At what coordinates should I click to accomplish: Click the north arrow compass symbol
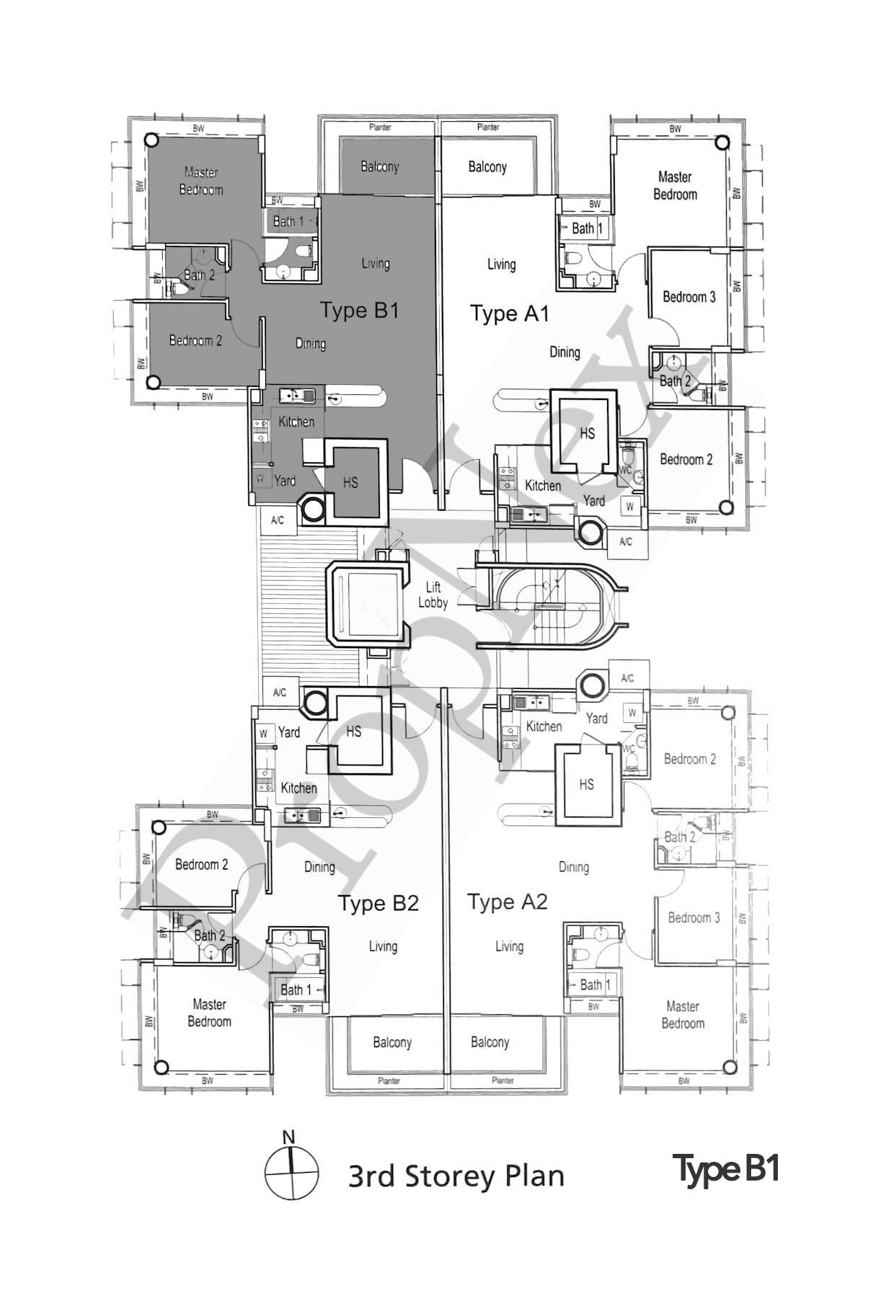pyautogui.click(x=291, y=1173)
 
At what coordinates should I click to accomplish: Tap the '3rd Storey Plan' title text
pyautogui.click(x=456, y=1176)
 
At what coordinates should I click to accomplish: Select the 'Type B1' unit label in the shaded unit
pyautogui.click(x=359, y=311)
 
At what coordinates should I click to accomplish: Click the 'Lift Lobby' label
pyautogui.click(x=433, y=595)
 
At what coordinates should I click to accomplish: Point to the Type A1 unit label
pyautogui.click(x=510, y=314)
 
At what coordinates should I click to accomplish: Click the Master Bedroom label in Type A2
pyautogui.click(x=682, y=1015)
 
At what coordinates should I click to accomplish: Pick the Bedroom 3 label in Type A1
pyautogui.click(x=688, y=297)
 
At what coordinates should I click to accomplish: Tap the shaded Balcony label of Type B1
pyautogui.click(x=379, y=166)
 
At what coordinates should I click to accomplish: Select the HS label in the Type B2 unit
pyautogui.click(x=353, y=732)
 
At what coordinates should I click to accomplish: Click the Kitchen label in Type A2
pyautogui.click(x=544, y=726)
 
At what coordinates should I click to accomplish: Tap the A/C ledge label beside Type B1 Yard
pyautogui.click(x=278, y=520)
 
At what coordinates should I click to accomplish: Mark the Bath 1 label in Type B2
pyautogui.click(x=296, y=990)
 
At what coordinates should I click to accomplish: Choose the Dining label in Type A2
pyautogui.click(x=573, y=867)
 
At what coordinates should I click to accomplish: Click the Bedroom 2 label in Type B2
pyautogui.click(x=201, y=864)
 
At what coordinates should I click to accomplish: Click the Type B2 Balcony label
pyautogui.click(x=392, y=1042)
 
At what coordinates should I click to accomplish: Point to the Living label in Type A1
pyautogui.click(x=501, y=265)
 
